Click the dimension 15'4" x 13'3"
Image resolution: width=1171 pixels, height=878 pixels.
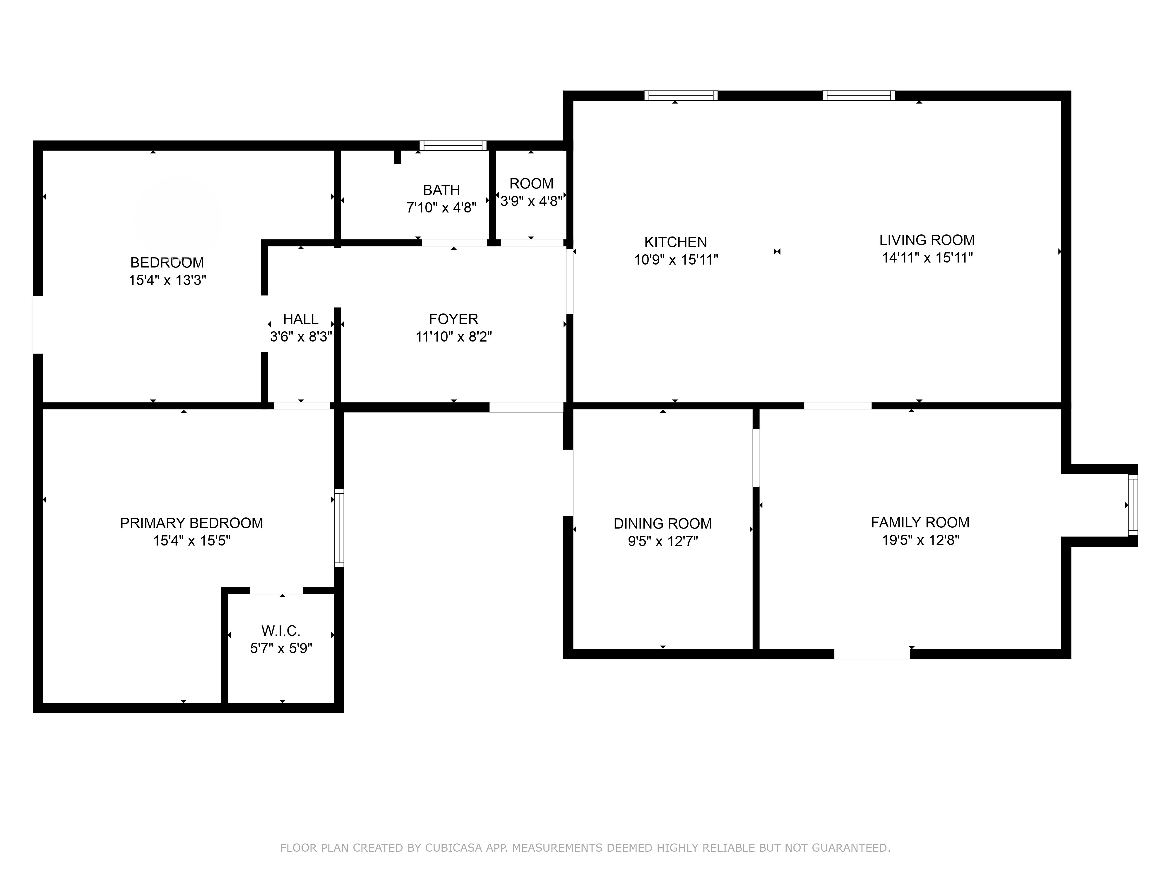[x=167, y=280]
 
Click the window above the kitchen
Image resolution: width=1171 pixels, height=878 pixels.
[x=681, y=96]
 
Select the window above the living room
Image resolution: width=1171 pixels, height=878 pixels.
[x=859, y=96]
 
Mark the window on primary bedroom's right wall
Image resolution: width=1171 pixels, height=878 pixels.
[x=339, y=528]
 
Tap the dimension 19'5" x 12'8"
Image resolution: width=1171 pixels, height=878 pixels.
[x=920, y=540]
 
